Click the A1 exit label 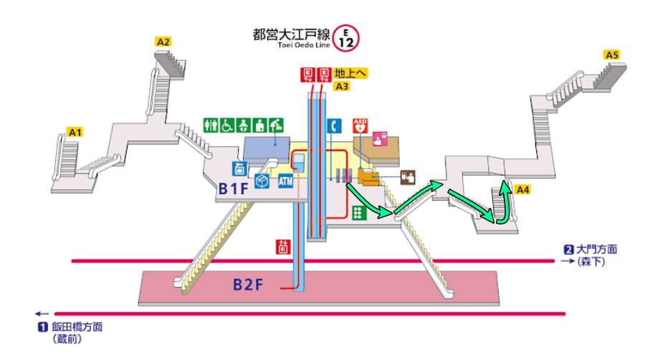(76, 132)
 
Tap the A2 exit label (163, 42)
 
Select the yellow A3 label (342, 87)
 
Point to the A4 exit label (523, 190)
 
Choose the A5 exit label (611, 55)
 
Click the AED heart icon (360, 125)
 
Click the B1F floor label (234, 189)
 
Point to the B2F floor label (248, 285)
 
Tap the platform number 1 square (42, 327)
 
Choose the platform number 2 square (568, 250)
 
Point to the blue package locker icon (262, 181)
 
